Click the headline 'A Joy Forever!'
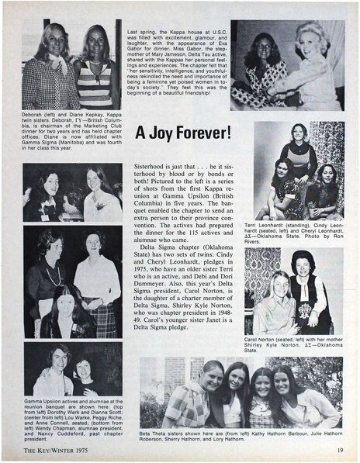(182, 133)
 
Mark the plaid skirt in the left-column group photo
(102, 318)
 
